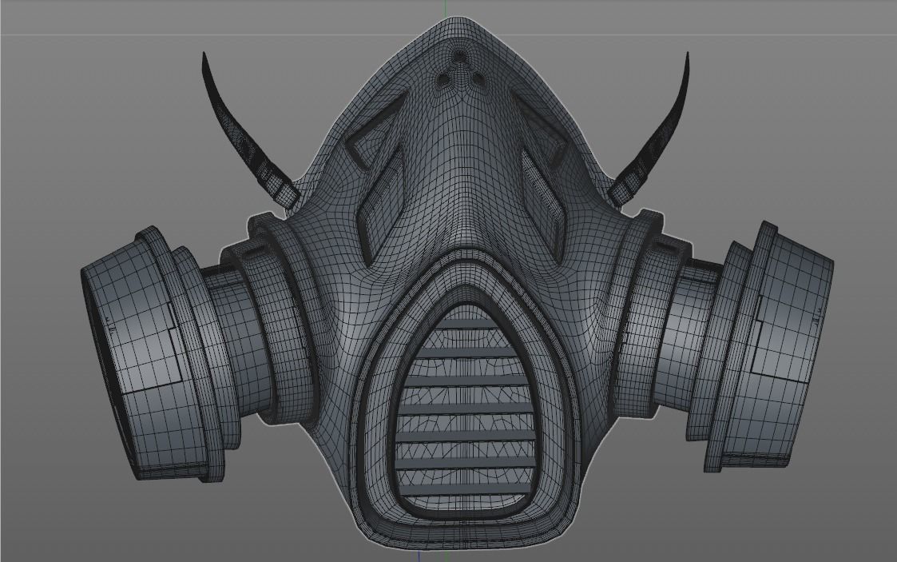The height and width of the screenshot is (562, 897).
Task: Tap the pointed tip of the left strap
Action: [204, 55]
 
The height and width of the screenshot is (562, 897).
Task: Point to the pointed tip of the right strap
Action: [688, 55]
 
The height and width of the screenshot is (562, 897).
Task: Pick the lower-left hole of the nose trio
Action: [444, 78]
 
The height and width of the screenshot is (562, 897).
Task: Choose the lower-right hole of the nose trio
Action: [478, 78]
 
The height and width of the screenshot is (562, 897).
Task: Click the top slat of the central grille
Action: [466, 323]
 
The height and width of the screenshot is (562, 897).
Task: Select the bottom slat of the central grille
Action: [465, 488]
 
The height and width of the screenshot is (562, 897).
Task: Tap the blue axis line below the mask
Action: [419, 555]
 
